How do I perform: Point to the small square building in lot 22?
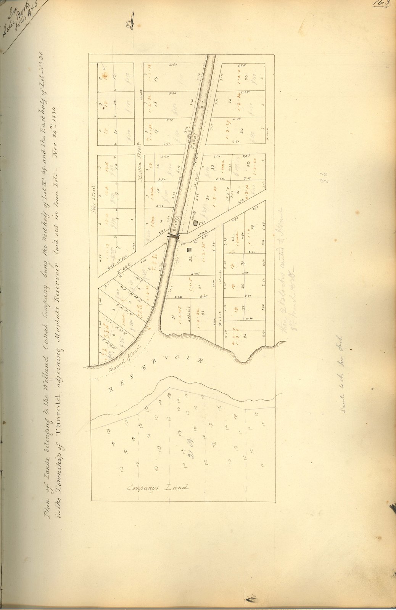click(188, 250)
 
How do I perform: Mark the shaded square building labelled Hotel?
click(195, 222)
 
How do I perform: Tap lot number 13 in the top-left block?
click(114, 77)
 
